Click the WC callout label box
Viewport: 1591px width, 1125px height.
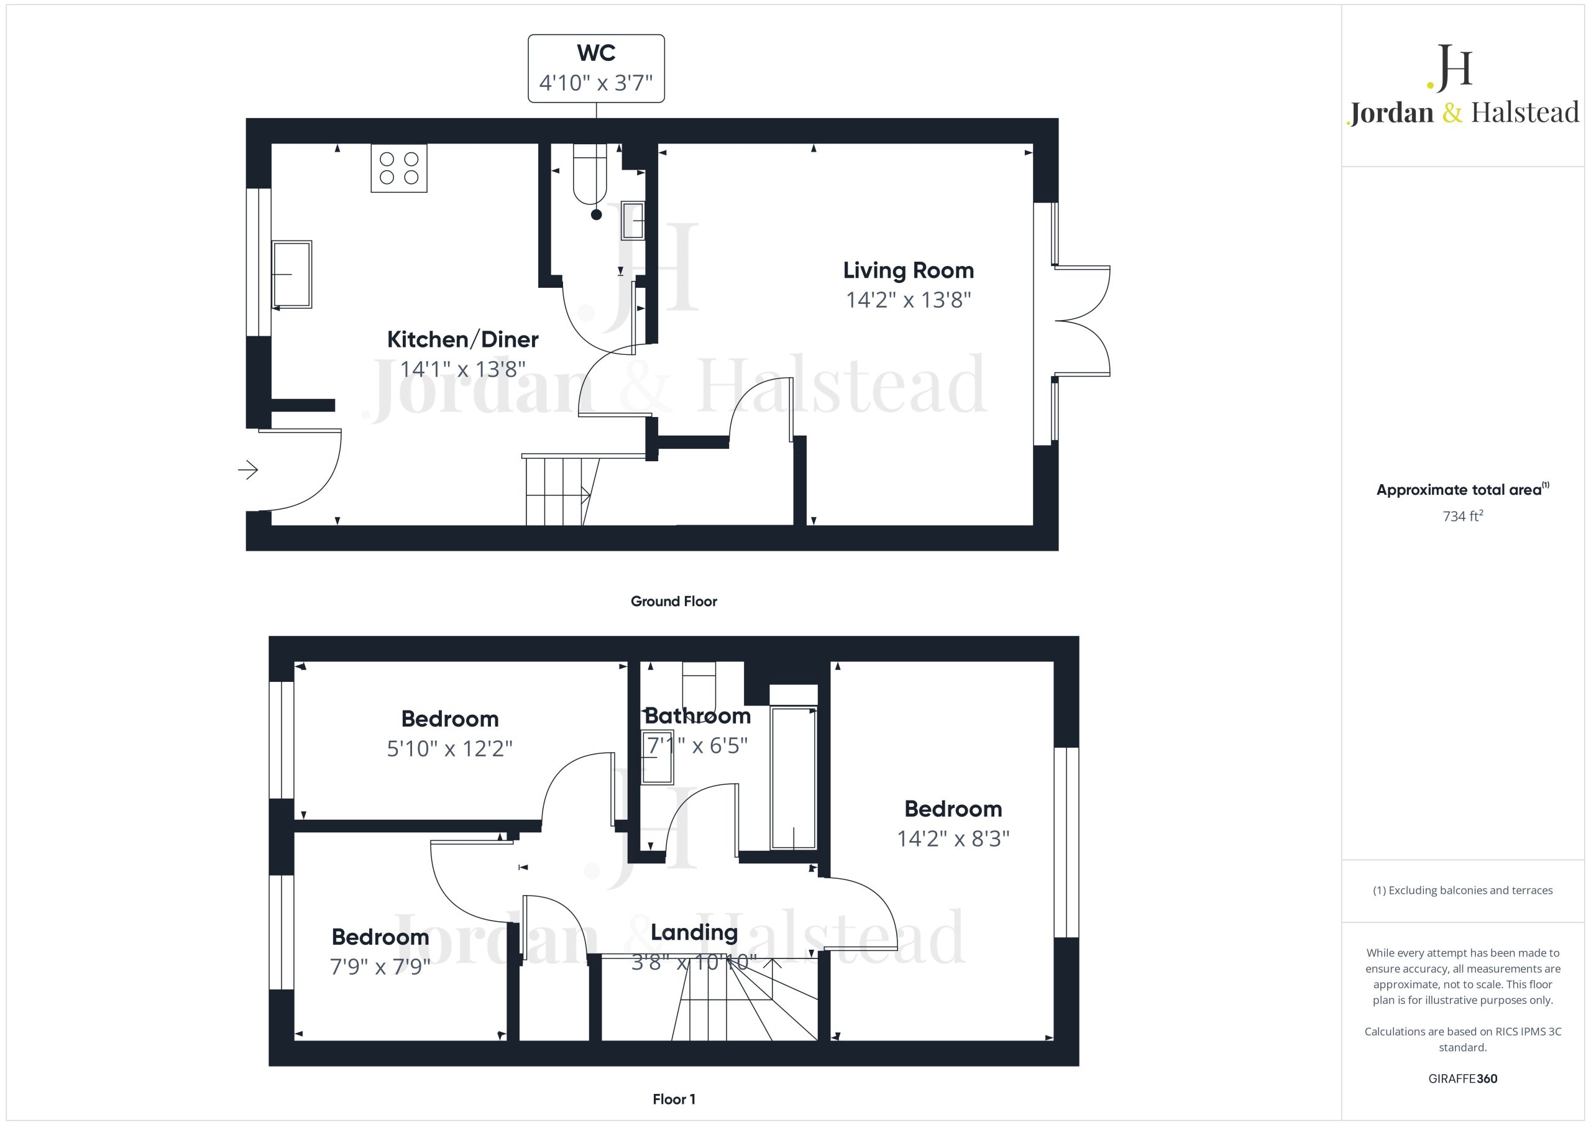click(x=596, y=68)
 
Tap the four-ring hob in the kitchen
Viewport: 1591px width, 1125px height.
click(x=399, y=168)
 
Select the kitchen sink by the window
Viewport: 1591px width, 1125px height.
click(x=291, y=275)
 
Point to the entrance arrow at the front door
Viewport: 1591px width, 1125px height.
click(x=248, y=470)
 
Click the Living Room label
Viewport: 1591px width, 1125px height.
click(x=908, y=270)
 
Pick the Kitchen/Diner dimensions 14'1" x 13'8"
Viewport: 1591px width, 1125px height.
click(x=463, y=369)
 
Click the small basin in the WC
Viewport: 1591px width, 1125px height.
click(x=633, y=221)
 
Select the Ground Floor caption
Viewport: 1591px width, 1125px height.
click(x=674, y=601)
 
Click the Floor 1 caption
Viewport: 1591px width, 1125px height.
click(x=674, y=1099)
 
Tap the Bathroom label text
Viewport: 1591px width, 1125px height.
click(x=698, y=715)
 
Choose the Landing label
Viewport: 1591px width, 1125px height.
click(x=694, y=932)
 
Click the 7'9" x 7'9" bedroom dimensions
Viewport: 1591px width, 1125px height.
click(x=380, y=967)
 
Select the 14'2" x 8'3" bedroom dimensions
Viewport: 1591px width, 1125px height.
click(x=953, y=838)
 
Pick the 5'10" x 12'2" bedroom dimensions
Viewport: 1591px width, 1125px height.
click(x=450, y=748)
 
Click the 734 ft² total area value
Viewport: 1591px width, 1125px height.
click(x=1463, y=516)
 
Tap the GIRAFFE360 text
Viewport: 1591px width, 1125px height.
click(x=1463, y=1078)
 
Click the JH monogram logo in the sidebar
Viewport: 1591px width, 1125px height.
click(x=1450, y=68)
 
